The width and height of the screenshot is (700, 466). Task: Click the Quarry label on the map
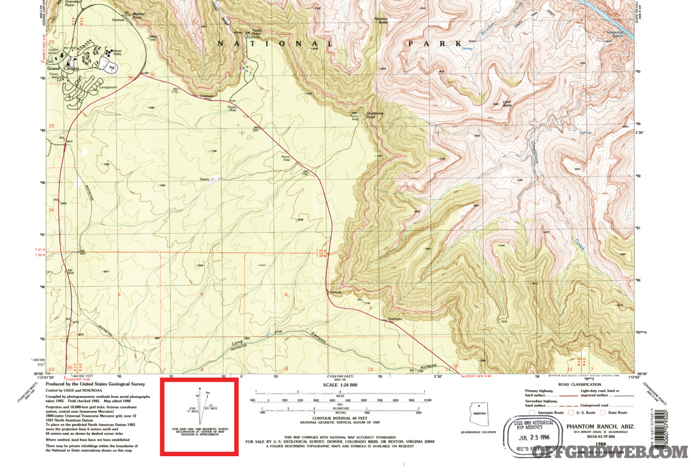[x=205, y=179]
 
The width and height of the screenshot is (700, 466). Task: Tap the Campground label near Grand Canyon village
[x=107, y=87]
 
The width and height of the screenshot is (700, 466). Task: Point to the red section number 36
[x=51, y=210]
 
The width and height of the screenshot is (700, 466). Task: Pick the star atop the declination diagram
[x=201, y=389]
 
